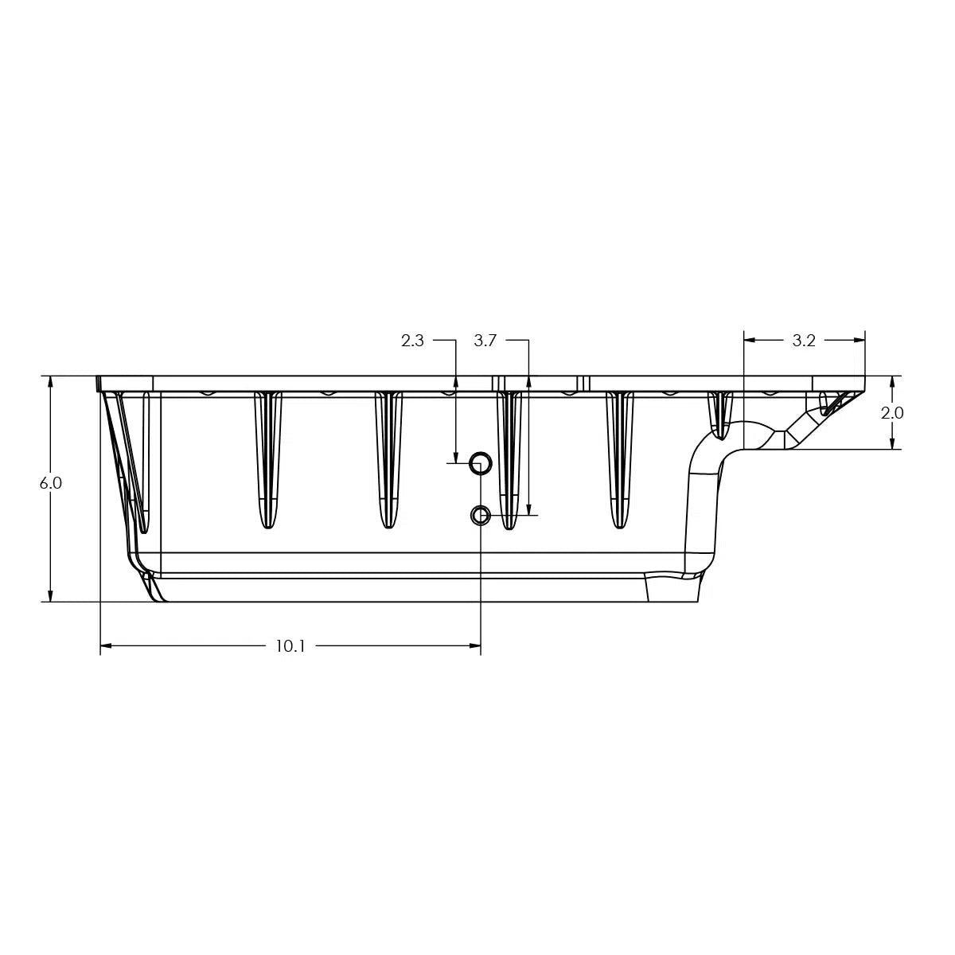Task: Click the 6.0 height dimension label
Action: click(50, 483)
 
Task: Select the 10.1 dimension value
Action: click(290, 646)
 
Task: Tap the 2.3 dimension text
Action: click(412, 341)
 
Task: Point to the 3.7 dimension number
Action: click(485, 341)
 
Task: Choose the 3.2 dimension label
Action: click(804, 341)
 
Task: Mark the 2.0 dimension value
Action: click(893, 413)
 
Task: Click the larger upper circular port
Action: click(479, 462)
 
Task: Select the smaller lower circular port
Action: click(480, 516)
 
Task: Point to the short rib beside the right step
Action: click(719, 414)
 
